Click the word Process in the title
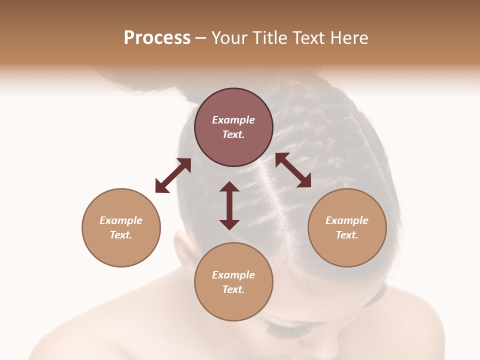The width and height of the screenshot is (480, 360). [157, 38]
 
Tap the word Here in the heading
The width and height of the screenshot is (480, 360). [348, 38]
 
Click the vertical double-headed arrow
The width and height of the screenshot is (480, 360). [229, 205]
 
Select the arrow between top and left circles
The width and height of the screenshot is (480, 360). [173, 175]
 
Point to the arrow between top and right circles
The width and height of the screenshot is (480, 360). [293, 170]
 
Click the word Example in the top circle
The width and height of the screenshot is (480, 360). [233, 120]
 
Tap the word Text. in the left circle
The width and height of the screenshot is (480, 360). [121, 235]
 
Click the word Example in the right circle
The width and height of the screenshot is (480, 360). [347, 220]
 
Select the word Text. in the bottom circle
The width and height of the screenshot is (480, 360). [233, 289]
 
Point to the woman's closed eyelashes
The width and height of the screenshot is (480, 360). [290, 330]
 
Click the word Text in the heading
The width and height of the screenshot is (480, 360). [306, 38]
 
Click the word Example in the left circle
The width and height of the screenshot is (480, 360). [121, 220]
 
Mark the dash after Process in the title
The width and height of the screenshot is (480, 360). [201, 38]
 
